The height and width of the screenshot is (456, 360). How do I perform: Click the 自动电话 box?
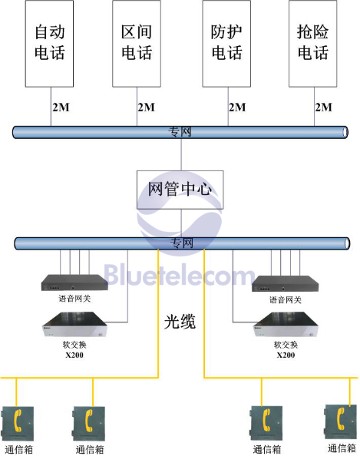point(49,44)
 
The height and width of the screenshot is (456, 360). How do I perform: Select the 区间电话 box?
point(137,44)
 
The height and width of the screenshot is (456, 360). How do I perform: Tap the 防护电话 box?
point(226,44)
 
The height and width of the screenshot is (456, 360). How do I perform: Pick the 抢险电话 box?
point(313,44)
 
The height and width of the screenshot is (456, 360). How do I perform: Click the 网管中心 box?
point(180,190)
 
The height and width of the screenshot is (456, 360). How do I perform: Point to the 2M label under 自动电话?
point(61,107)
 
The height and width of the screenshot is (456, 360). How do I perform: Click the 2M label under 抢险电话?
point(324,107)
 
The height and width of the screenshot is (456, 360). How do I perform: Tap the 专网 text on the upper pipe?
point(180,132)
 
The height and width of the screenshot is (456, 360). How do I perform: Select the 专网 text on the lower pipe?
point(182,243)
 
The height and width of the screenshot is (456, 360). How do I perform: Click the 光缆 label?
point(180,322)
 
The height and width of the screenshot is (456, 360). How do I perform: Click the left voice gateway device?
point(74,283)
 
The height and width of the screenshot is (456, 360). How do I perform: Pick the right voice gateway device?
point(285,283)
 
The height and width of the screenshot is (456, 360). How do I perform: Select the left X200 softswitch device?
point(75,324)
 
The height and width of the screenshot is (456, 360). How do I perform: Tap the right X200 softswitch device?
point(286,324)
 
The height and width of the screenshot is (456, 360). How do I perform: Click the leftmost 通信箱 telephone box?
point(18,424)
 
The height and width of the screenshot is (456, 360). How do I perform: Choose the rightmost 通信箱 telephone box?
point(341,421)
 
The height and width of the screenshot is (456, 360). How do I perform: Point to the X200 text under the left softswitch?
point(74,355)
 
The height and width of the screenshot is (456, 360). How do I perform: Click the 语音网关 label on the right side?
point(285,299)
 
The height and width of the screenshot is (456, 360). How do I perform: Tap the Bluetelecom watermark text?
point(179,275)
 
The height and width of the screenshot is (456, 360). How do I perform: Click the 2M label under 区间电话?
point(147,107)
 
